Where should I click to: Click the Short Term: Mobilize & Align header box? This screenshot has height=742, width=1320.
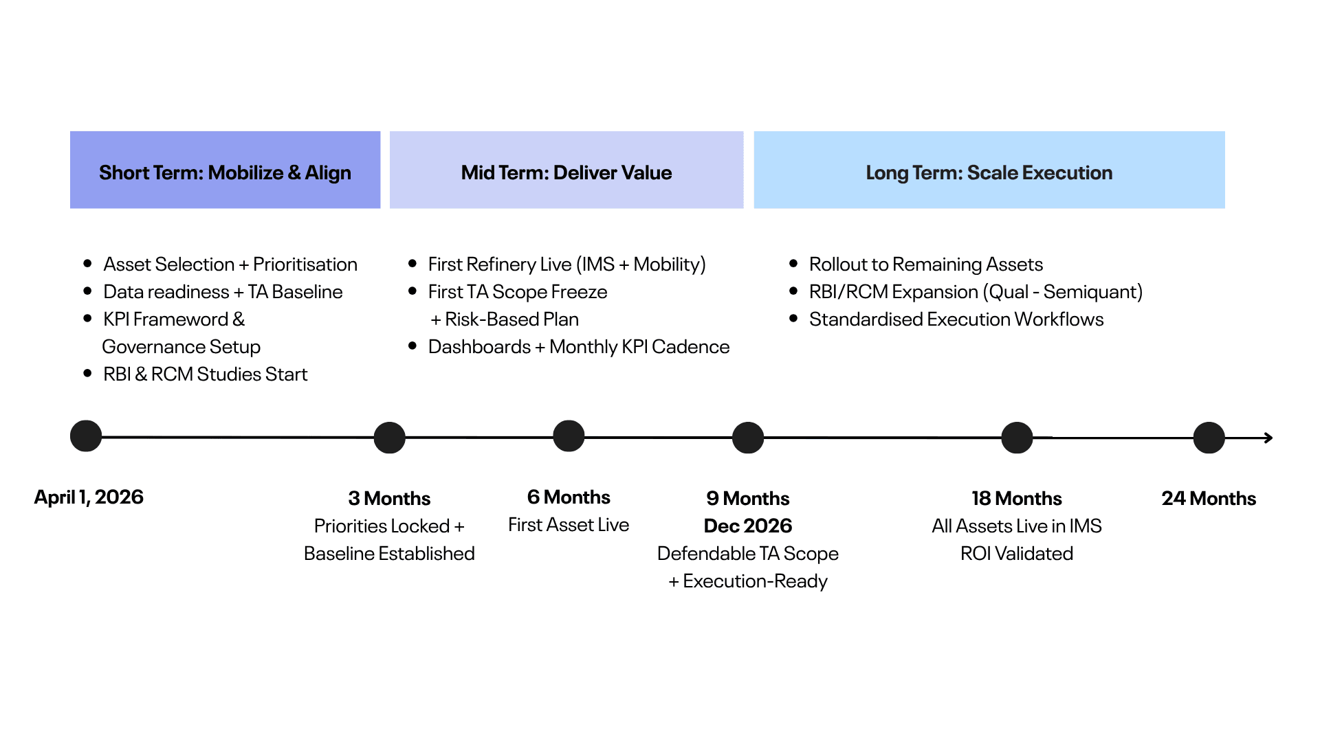point(225,170)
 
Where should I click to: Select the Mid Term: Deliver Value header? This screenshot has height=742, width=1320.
point(566,170)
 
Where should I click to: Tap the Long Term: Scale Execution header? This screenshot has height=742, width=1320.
point(989,170)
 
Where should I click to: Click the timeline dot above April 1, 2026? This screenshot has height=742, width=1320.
point(86,436)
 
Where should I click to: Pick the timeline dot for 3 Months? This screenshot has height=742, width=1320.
point(389,438)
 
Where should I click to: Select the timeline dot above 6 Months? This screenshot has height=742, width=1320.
point(569,436)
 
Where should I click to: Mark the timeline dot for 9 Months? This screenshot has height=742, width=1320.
point(748,438)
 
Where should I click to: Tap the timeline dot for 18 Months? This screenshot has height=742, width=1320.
point(1017,438)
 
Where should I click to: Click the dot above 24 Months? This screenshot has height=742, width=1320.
point(1209,438)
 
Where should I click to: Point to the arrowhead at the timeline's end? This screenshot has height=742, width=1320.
point(1268,438)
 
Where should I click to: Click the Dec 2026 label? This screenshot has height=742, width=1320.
point(748,526)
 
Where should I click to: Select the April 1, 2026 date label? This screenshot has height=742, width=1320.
point(89,497)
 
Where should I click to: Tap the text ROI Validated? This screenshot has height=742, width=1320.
point(1016,553)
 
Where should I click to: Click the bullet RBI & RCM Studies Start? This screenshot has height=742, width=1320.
point(205,374)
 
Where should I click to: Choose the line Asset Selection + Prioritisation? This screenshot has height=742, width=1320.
point(230,264)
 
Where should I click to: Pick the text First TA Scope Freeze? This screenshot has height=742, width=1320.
point(517,291)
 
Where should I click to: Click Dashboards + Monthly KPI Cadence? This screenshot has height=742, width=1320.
point(578,346)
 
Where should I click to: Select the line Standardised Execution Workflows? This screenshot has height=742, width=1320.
point(956,319)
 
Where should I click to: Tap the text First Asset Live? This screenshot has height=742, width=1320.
point(569,524)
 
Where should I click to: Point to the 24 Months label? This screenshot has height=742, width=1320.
point(1209,498)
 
